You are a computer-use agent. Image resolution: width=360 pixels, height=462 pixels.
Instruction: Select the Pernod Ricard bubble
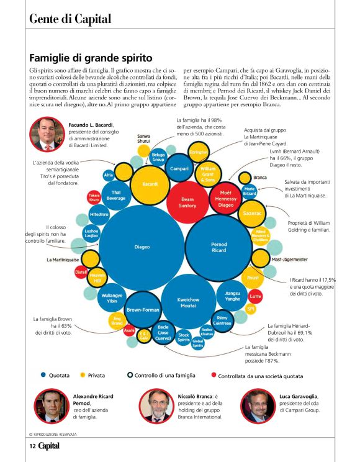(219, 247)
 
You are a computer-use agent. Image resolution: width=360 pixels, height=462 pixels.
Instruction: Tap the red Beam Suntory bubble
(187, 202)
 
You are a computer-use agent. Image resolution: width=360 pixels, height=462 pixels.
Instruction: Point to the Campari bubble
(179, 168)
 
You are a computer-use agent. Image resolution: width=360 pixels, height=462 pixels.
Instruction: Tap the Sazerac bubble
(252, 212)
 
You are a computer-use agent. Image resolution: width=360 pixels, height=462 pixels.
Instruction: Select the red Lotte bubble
(256, 296)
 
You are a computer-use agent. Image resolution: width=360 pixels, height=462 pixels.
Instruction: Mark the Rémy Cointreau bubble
(222, 320)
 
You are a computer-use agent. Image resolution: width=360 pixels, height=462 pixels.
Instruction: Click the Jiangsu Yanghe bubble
(232, 296)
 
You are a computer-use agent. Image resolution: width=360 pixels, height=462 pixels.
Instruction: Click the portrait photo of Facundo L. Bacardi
(47, 134)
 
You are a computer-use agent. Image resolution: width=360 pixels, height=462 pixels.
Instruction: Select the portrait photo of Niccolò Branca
(155, 406)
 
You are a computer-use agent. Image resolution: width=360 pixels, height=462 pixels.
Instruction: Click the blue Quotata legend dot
(43, 375)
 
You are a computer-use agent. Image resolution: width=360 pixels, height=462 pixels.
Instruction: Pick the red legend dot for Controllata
(214, 375)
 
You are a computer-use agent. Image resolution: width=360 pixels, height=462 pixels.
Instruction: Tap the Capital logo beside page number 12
(50, 445)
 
